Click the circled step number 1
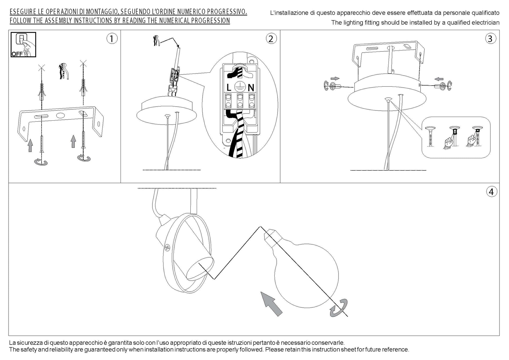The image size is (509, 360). [x=112, y=39]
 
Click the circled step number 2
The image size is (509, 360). [x=271, y=39]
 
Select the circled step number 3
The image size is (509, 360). [x=490, y=39]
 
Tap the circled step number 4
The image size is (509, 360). [x=491, y=192]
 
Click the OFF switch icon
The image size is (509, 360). [x=23, y=45]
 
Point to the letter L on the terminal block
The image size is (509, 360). [x=229, y=88]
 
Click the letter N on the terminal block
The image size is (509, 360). [x=251, y=88]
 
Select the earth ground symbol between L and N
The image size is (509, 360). [x=239, y=86]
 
